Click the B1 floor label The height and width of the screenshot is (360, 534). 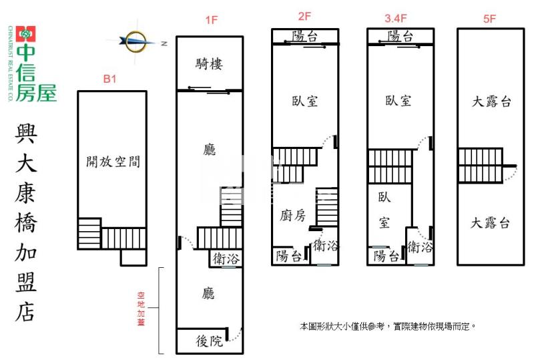110,79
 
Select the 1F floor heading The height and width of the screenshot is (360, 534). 211,20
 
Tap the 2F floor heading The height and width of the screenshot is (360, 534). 304,15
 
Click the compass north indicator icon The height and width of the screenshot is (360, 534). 137,42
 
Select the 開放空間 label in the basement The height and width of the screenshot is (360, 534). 113,161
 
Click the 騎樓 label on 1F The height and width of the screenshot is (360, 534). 209,64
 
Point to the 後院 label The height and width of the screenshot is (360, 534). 209,341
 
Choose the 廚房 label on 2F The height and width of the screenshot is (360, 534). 292,215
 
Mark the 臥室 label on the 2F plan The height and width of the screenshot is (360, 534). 304,101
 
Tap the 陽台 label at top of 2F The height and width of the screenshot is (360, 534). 304,36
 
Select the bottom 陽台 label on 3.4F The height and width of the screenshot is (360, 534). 386,255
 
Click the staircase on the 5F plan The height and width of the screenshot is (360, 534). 479,165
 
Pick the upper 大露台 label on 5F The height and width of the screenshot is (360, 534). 491,102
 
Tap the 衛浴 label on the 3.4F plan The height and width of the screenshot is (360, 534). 420,246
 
